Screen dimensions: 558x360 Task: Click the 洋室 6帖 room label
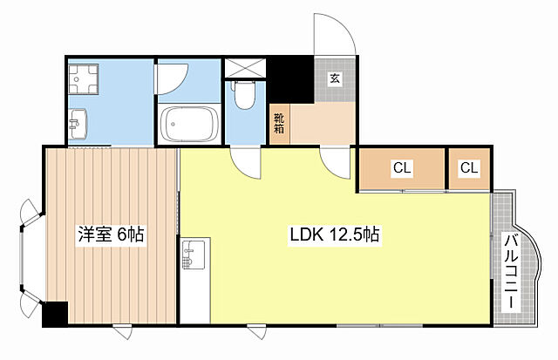(x=111, y=234)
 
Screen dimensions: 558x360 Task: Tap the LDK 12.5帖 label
(x=335, y=234)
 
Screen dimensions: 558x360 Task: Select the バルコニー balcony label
(x=512, y=271)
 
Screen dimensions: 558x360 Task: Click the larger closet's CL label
(x=402, y=167)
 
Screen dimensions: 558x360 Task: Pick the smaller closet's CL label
(x=469, y=167)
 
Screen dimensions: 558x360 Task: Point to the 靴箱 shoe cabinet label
(x=279, y=123)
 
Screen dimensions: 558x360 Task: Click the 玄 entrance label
(x=335, y=78)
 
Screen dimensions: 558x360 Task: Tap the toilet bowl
(x=244, y=95)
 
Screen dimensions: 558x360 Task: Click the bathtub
(x=188, y=124)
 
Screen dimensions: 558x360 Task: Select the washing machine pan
(x=84, y=79)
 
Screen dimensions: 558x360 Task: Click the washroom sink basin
(x=78, y=124)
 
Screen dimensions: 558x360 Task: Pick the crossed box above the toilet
(x=245, y=68)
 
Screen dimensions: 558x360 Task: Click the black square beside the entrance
(x=290, y=79)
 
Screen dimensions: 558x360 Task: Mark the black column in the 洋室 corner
(x=55, y=314)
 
